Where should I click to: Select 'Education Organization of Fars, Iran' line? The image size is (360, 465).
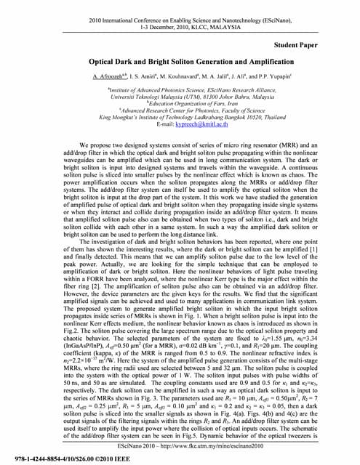(179, 103)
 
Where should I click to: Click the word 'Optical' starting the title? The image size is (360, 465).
(105, 62)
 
